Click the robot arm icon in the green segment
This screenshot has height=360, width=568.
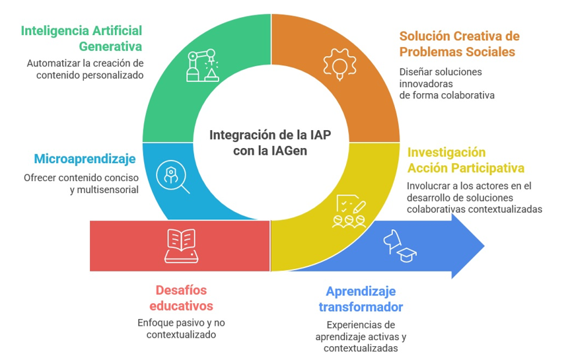(x=203, y=65)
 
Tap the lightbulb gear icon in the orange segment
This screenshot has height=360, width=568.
(x=339, y=65)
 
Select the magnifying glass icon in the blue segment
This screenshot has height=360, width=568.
(x=173, y=176)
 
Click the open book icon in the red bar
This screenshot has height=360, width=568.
(x=181, y=246)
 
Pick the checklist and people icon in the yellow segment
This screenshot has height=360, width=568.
(x=349, y=211)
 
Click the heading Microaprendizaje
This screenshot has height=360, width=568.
(x=85, y=159)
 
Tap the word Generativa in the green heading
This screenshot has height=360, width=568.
(x=110, y=46)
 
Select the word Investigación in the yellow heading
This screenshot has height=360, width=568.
(x=446, y=153)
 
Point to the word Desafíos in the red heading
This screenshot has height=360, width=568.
(x=181, y=290)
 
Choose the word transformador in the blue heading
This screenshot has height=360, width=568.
(x=361, y=307)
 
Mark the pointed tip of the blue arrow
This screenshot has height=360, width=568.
(x=484, y=246)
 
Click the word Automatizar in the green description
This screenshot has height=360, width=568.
(x=53, y=63)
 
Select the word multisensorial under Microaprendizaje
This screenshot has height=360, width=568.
(x=108, y=190)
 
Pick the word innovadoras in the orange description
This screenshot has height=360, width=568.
(x=426, y=84)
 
